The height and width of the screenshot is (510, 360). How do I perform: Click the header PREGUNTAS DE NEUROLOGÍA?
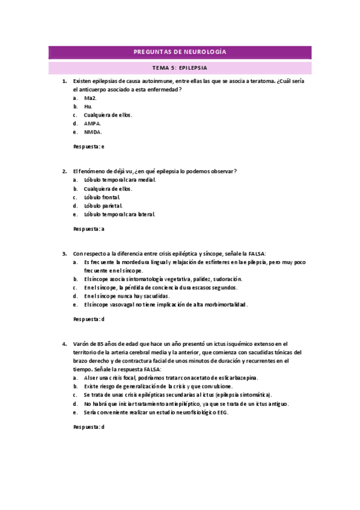180,53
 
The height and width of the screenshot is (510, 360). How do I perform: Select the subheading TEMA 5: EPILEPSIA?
180,68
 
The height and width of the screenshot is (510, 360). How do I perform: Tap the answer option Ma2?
90,97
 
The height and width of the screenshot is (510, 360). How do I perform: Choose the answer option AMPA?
93,123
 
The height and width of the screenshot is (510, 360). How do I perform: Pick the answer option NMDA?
93,132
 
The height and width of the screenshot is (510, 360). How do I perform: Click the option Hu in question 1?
88,106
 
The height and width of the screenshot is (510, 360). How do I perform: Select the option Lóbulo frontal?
102,197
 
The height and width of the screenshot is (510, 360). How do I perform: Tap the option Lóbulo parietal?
103,205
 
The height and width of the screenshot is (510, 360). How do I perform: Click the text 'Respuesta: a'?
89,229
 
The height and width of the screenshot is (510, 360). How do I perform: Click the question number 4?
64,343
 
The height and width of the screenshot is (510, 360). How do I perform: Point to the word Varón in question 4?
81,343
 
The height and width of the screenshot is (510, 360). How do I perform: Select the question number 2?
64,171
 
